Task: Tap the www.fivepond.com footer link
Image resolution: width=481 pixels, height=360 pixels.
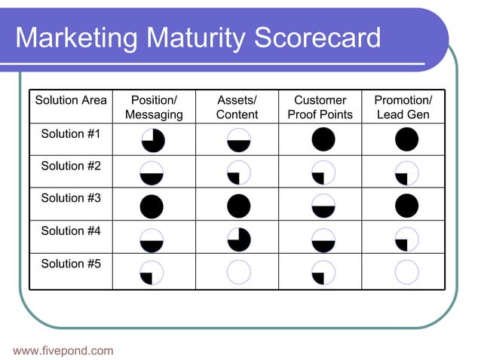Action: (x=63, y=350)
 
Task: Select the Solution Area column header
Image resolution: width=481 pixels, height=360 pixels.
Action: (x=71, y=100)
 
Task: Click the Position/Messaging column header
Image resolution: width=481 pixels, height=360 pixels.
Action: (x=154, y=107)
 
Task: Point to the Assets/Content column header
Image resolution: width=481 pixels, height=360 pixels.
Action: (x=237, y=107)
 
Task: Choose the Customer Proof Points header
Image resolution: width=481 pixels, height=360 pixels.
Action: (x=320, y=107)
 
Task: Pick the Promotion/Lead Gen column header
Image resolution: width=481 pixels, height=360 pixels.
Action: (x=403, y=107)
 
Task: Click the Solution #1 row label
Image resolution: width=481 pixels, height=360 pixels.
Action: (x=71, y=134)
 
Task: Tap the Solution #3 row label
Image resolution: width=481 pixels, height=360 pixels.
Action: (x=71, y=198)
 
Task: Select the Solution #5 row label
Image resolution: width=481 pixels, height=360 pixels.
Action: (x=71, y=264)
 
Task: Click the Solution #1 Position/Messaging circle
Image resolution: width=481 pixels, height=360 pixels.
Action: (x=152, y=140)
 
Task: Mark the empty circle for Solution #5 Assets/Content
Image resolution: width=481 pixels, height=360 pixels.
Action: (x=239, y=272)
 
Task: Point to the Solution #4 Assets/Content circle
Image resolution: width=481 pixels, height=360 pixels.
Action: (x=239, y=239)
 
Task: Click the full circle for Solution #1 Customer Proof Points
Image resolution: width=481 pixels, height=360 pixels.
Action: (x=323, y=140)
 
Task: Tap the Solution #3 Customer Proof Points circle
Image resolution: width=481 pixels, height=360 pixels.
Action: (x=323, y=206)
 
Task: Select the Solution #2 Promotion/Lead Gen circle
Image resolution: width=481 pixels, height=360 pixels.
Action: (x=406, y=173)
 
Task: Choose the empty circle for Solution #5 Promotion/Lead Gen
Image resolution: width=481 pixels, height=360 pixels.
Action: (x=406, y=272)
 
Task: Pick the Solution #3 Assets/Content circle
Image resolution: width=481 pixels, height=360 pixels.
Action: (x=239, y=206)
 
